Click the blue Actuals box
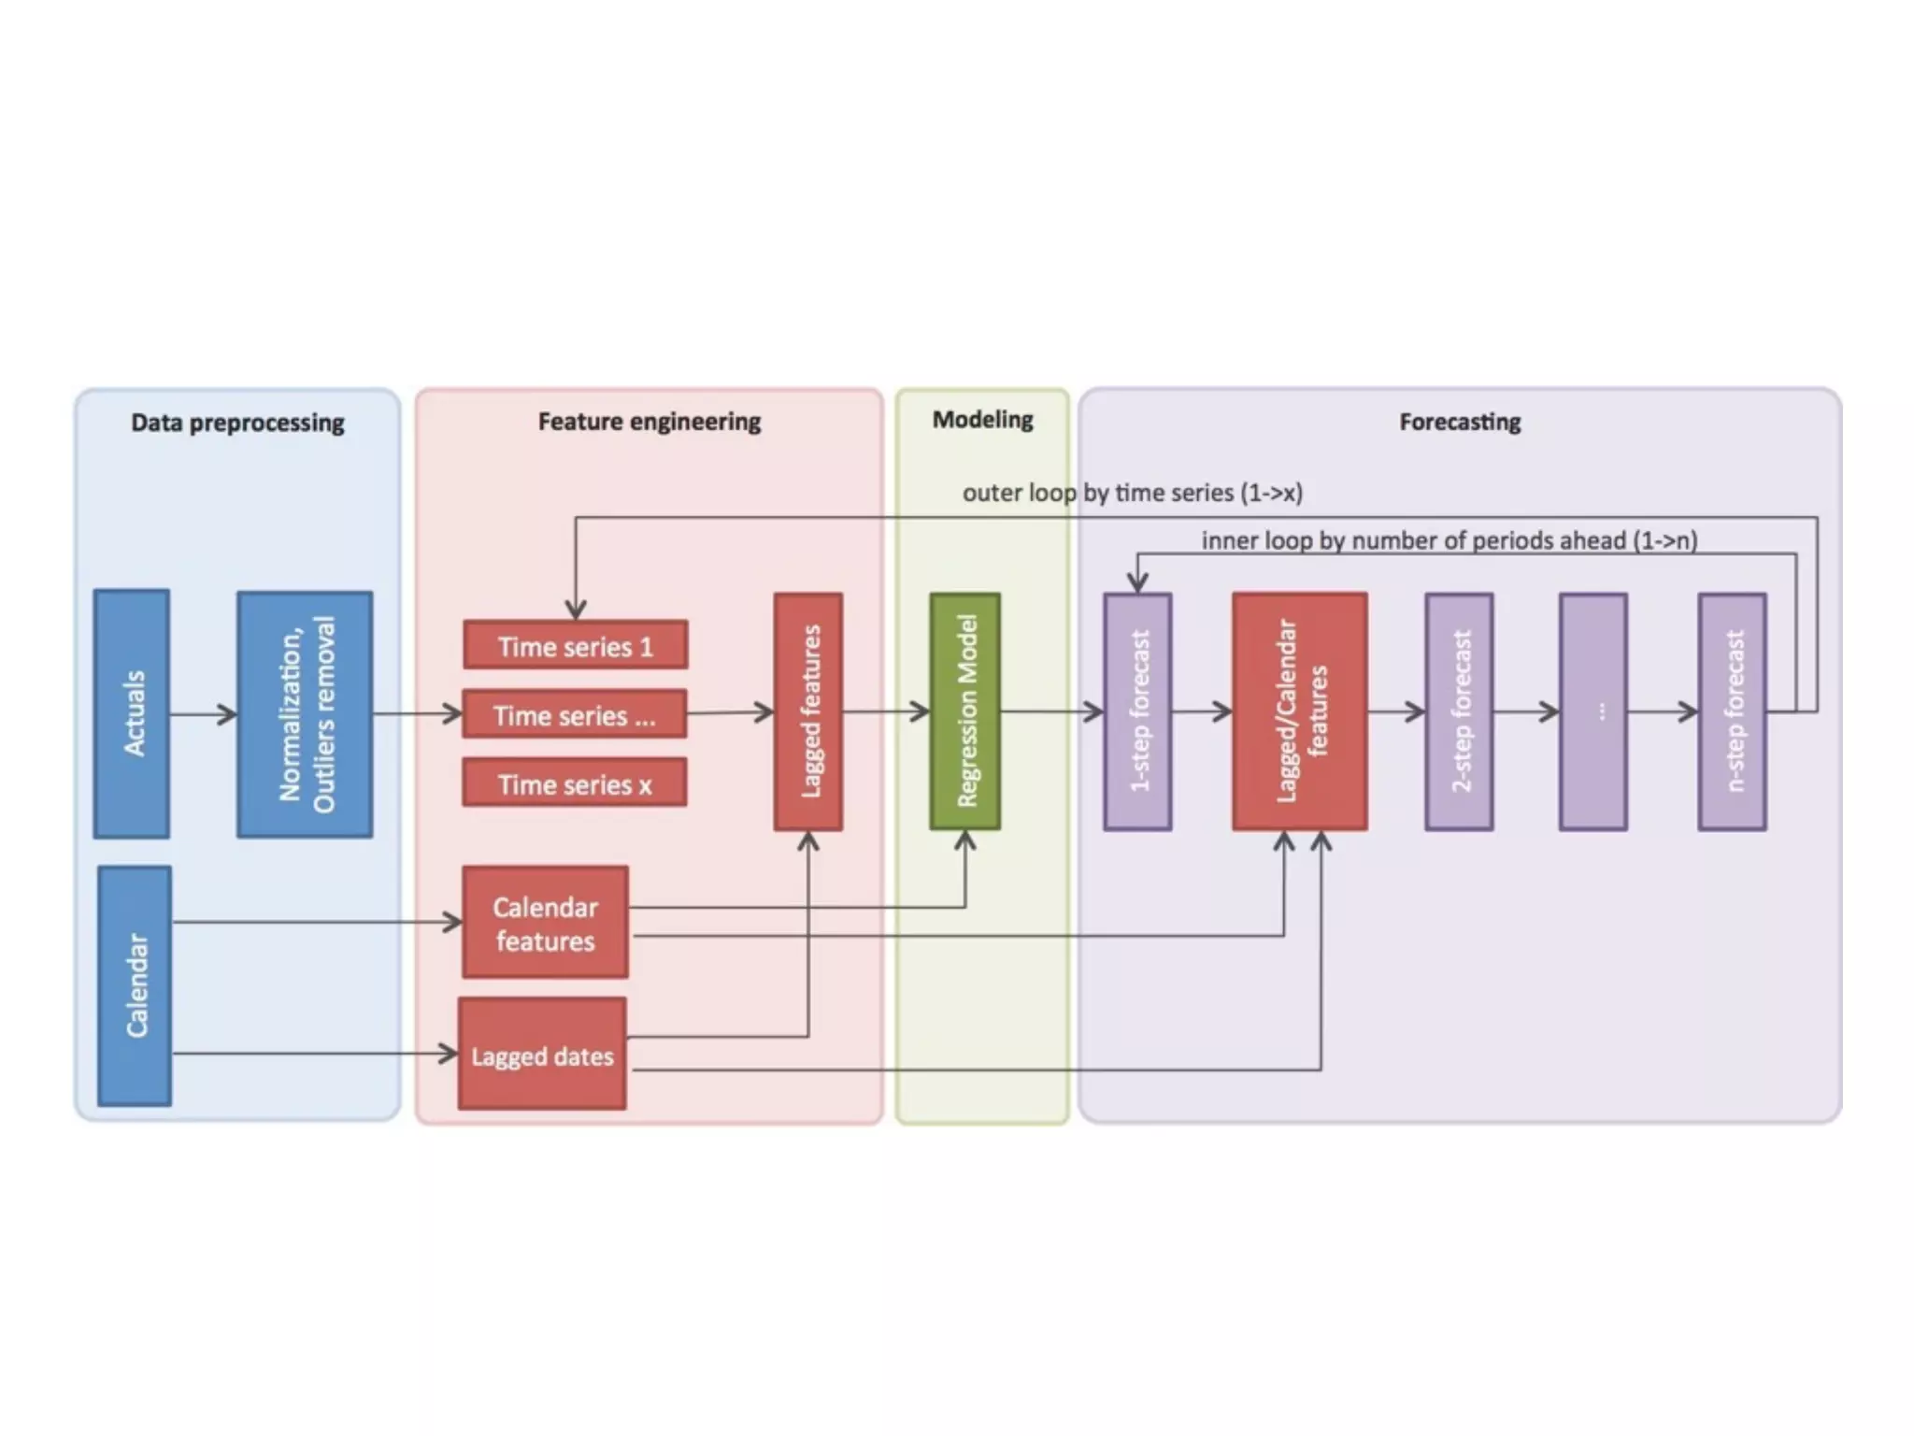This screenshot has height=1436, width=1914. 132,713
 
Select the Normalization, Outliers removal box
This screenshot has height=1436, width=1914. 305,714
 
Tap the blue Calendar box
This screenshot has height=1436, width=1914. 135,985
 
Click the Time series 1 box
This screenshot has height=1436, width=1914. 576,645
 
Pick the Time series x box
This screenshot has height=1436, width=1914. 575,783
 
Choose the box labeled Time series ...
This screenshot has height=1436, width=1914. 575,715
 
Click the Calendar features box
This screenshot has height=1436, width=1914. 545,923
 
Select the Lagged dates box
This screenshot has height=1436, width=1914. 542,1055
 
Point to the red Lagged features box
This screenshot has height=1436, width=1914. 808,711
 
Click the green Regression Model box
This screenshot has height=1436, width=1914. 965,711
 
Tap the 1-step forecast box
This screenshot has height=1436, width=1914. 1137,711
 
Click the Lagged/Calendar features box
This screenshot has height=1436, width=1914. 1300,711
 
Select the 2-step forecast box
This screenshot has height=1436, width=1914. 1459,711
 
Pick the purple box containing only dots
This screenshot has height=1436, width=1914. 1593,711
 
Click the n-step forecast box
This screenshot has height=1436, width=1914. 1732,711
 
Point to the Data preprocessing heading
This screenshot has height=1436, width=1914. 237,423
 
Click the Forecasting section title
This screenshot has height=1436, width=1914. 1460,422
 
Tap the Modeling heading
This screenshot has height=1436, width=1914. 982,420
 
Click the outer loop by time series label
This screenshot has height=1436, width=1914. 1132,493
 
